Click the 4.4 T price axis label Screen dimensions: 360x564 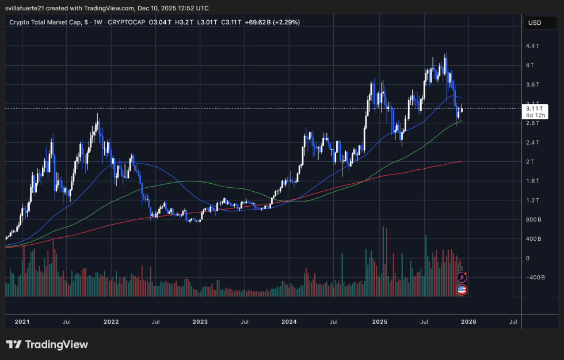pos(533,46)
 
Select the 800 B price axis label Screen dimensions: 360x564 pos(533,219)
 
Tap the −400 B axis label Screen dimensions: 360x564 pos(534,278)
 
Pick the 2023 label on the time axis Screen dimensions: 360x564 pos(200,321)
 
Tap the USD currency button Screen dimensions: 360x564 pos(535,23)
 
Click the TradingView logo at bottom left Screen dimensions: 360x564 pos(47,344)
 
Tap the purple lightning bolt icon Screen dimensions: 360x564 pos(462,277)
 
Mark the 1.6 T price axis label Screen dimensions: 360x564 pos(533,181)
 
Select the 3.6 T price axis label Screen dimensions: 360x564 pos(533,85)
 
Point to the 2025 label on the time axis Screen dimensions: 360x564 pos(379,321)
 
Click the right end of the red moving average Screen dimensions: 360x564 pos(462,161)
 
